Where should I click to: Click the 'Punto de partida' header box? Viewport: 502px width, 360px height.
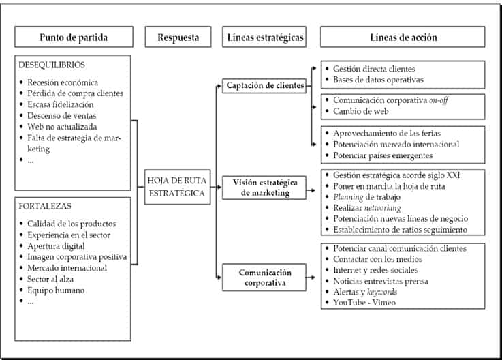[x=73, y=37]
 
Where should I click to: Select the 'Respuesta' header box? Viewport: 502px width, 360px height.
[x=179, y=37]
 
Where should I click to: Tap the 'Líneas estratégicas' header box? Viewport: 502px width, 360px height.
[x=263, y=37]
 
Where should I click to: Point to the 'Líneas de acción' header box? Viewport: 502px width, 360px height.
[x=403, y=37]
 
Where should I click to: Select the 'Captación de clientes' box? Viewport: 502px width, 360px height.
[x=263, y=85]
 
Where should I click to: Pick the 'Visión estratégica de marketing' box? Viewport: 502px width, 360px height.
[x=263, y=187]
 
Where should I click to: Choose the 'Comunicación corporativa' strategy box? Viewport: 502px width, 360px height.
[x=263, y=278]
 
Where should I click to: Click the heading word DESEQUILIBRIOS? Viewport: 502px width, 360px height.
[x=52, y=65]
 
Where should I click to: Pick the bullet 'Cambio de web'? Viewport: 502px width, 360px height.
[x=361, y=112]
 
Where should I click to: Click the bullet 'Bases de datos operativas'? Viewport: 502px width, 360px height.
[x=378, y=80]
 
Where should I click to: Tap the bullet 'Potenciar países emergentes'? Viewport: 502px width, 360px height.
[x=382, y=155]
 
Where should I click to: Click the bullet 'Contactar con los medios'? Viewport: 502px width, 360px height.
[x=377, y=259]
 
